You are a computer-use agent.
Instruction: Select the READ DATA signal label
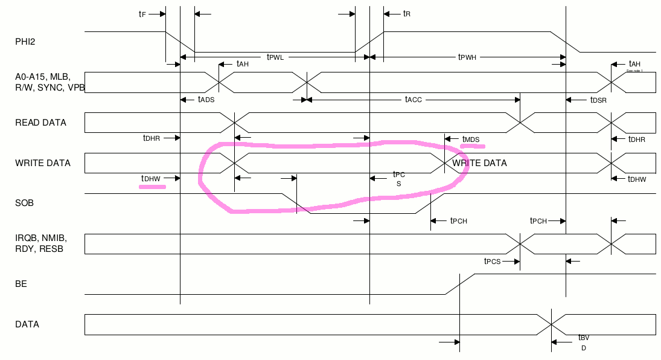[x=40, y=123]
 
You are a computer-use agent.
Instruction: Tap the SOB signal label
[x=24, y=203]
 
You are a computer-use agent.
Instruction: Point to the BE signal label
[x=21, y=283]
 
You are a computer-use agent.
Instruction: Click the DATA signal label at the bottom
[x=27, y=324]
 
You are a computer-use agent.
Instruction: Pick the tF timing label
[x=142, y=13]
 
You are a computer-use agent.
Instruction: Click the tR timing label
[x=406, y=13]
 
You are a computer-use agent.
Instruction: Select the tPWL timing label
[x=275, y=57]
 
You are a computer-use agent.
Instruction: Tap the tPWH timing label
[x=467, y=57]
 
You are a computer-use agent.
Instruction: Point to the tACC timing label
[x=413, y=99]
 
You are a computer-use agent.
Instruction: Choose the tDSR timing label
[x=598, y=99]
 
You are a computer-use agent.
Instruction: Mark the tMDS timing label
[x=471, y=140]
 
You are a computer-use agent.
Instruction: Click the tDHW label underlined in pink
[x=150, y=178]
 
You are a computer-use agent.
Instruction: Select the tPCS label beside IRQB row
[x=493, y=262]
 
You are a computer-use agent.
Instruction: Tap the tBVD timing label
[x=583, y=342]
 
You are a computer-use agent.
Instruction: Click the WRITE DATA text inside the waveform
[x=479, y=163]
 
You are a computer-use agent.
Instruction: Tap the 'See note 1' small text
[x=634, y=71]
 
